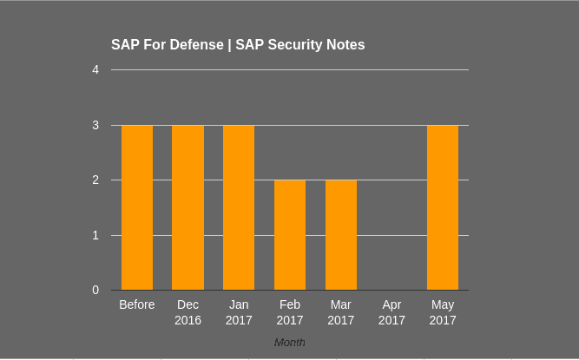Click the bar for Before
[x=137, y=208]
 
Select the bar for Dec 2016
[x=188, y=208]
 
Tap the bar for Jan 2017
[x=239, y=208]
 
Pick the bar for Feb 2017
[x=290, y=235]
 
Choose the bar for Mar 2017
[x=341, y=235]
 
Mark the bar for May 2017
[x=443, y=208]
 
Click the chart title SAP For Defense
[x=238, y=44]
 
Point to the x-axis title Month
[x=289, y=343]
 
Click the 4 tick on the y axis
[x=95, y=69]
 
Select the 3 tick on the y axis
[x=95, y=125]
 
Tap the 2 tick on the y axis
[x=95, y=180]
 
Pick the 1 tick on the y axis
[x=95, y=235]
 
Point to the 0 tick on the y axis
[x=95, y=290]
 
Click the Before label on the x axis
[x=137, y=304]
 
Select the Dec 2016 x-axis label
[x=188, y=312]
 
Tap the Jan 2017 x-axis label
[x=239, y=312]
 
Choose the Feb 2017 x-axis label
[x=290, y=312]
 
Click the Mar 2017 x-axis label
[x=341, y=312]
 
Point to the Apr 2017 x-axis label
[x=391, y=312]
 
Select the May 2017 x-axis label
[x=443, y=312]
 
